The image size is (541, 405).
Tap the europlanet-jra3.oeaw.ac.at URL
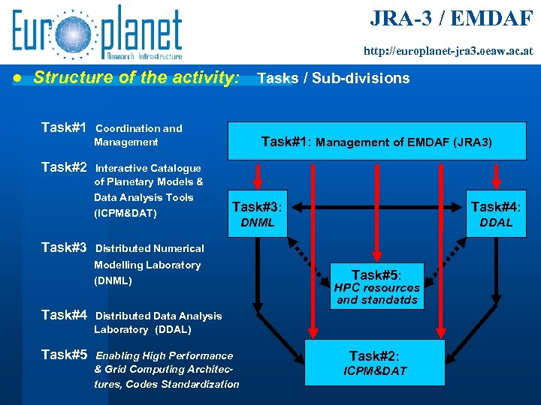(x=449, y=52)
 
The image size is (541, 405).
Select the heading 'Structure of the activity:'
(x=137, y=77)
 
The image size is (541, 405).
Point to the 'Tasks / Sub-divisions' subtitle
(x=334, y=78)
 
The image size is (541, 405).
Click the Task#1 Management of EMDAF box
(x=376, y=141)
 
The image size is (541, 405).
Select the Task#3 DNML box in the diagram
(x=258, y=213)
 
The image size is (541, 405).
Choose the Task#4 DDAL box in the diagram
(x=496, y=213)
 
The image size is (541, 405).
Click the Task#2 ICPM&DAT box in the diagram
(x=375, y=363)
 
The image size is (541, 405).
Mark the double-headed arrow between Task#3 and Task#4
(x=379, y=206)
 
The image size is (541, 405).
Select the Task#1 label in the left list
(x=64, y=127)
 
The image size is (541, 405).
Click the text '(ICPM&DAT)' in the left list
(x=125, y=214)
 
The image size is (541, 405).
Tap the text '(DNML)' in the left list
(x=113, y=281)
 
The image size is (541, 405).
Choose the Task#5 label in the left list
(x=64, y=355)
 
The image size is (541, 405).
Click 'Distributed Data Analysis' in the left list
(x=158, y=316)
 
